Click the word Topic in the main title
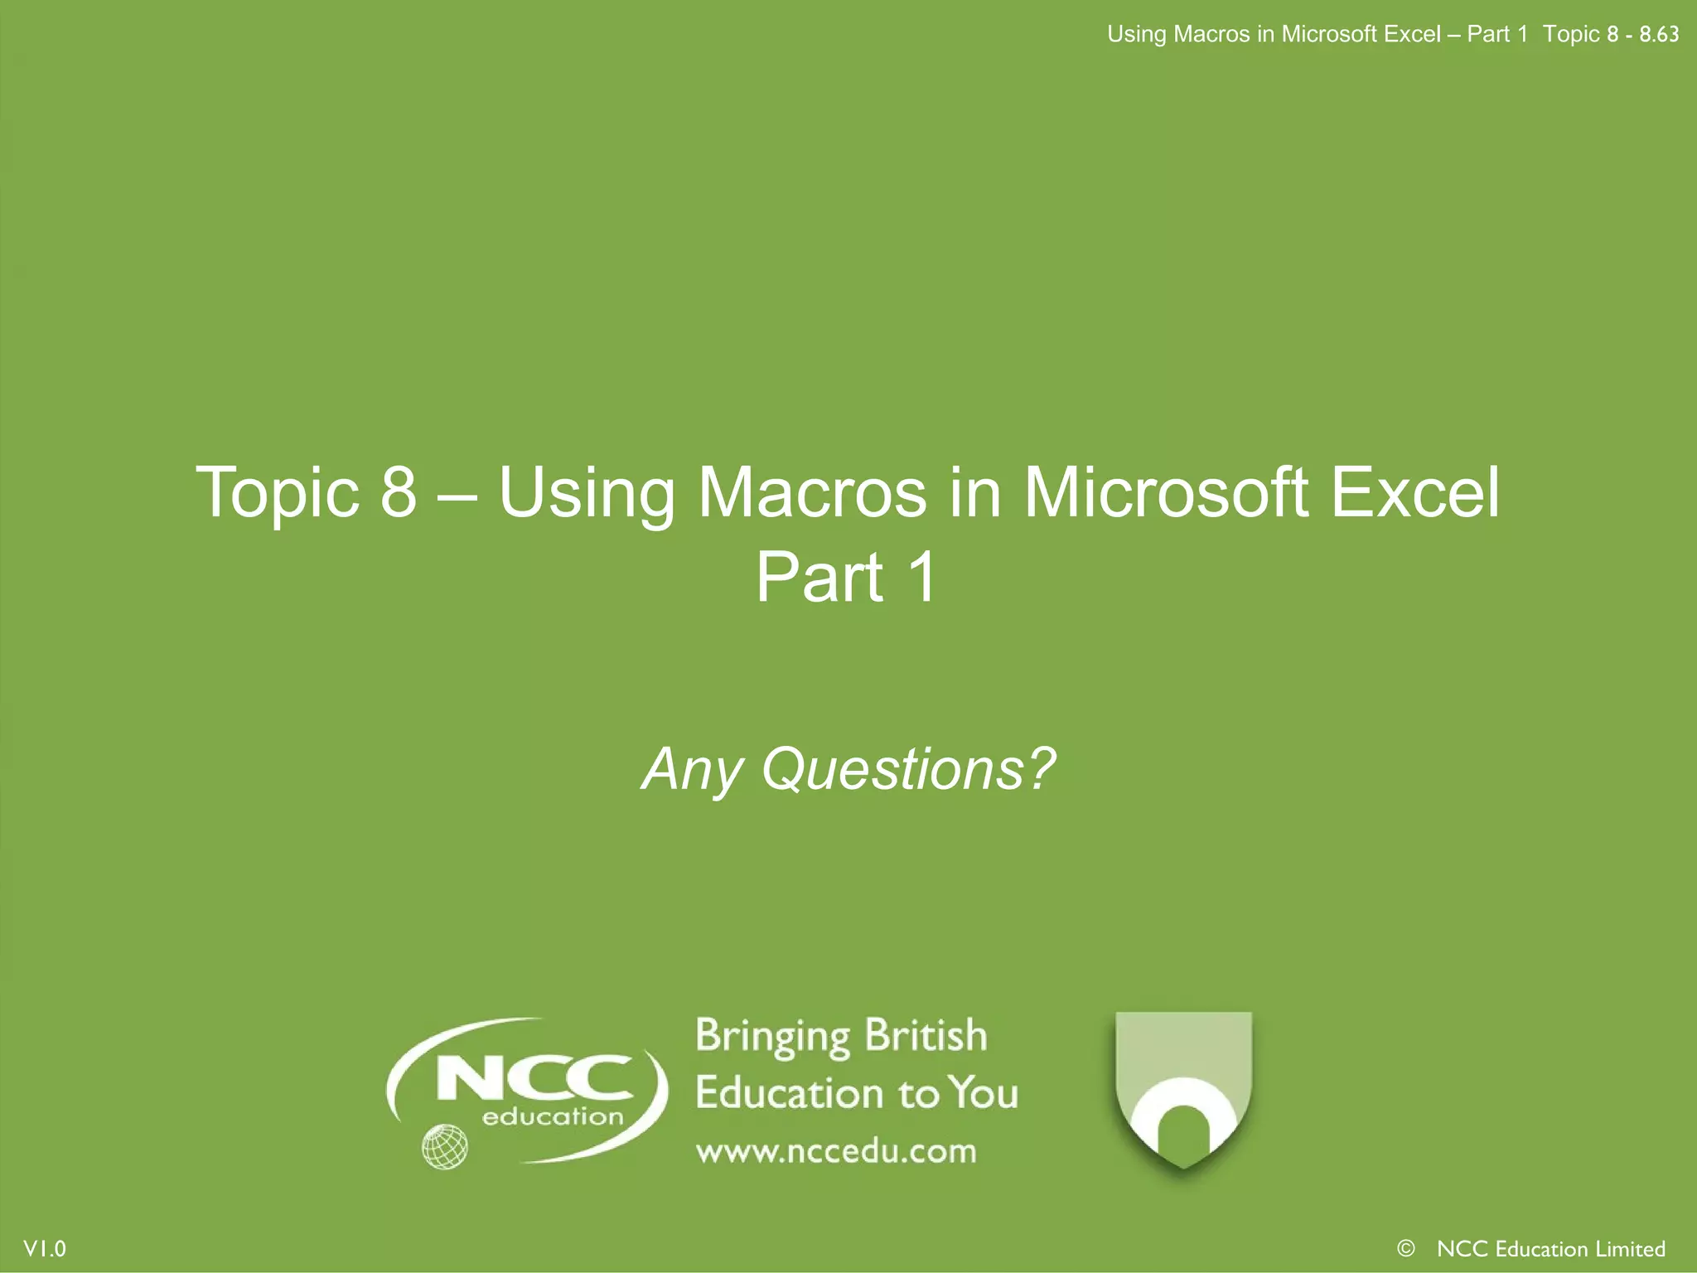[277, 494]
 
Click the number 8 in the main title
[399, 492]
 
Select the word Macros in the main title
[812, 492]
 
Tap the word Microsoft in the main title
[1167, 492]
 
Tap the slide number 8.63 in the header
[1659, 35]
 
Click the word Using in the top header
[1137, 35]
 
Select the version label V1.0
[45, 1249]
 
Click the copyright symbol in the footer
[1405, 1248]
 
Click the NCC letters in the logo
[534, 1077]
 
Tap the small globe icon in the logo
[445, 1147]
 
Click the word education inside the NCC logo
[553, 1117]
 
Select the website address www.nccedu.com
[836, 1152]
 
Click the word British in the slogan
[926, 1036]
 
